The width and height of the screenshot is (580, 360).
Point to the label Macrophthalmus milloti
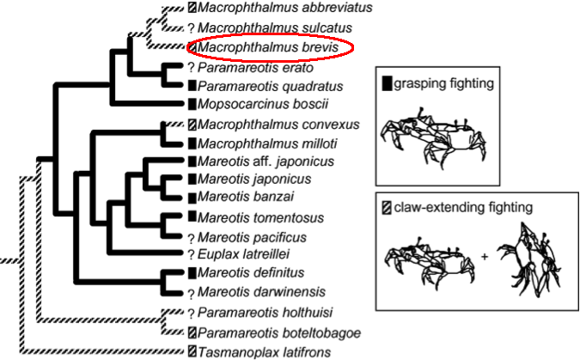(266, 143)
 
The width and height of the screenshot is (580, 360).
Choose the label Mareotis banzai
(237, 198)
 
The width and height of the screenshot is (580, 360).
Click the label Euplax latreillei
(243, 254)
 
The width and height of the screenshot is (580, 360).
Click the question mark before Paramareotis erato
(191, 67)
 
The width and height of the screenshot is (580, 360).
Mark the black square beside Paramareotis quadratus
(192, 86)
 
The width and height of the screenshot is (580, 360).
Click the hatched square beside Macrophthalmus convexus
(192, 124)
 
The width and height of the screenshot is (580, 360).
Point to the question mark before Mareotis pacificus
(191, 237)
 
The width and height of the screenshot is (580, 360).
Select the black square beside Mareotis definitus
(192, 274)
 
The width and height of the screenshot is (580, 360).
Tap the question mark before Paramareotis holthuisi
(191, 313)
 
